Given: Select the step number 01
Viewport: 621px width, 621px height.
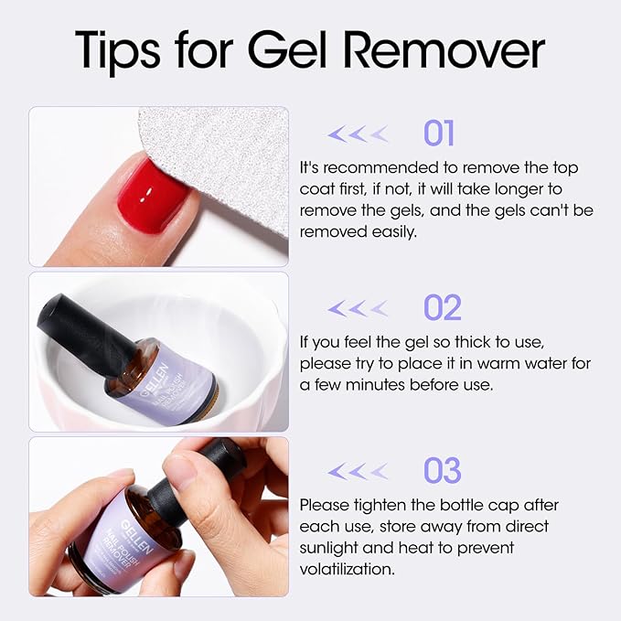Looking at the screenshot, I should pos(439,134).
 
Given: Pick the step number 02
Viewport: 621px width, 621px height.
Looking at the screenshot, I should pos(442,308).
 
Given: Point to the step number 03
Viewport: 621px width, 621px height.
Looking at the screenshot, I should pos(442,472).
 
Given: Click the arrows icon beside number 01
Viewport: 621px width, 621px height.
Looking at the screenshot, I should pos(358,134).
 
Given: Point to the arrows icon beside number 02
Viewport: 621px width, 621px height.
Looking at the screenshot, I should pos(358,308).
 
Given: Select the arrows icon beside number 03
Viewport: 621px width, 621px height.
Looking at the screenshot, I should pos(358,472).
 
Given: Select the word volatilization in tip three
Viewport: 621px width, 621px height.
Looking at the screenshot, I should pos(347,568).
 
